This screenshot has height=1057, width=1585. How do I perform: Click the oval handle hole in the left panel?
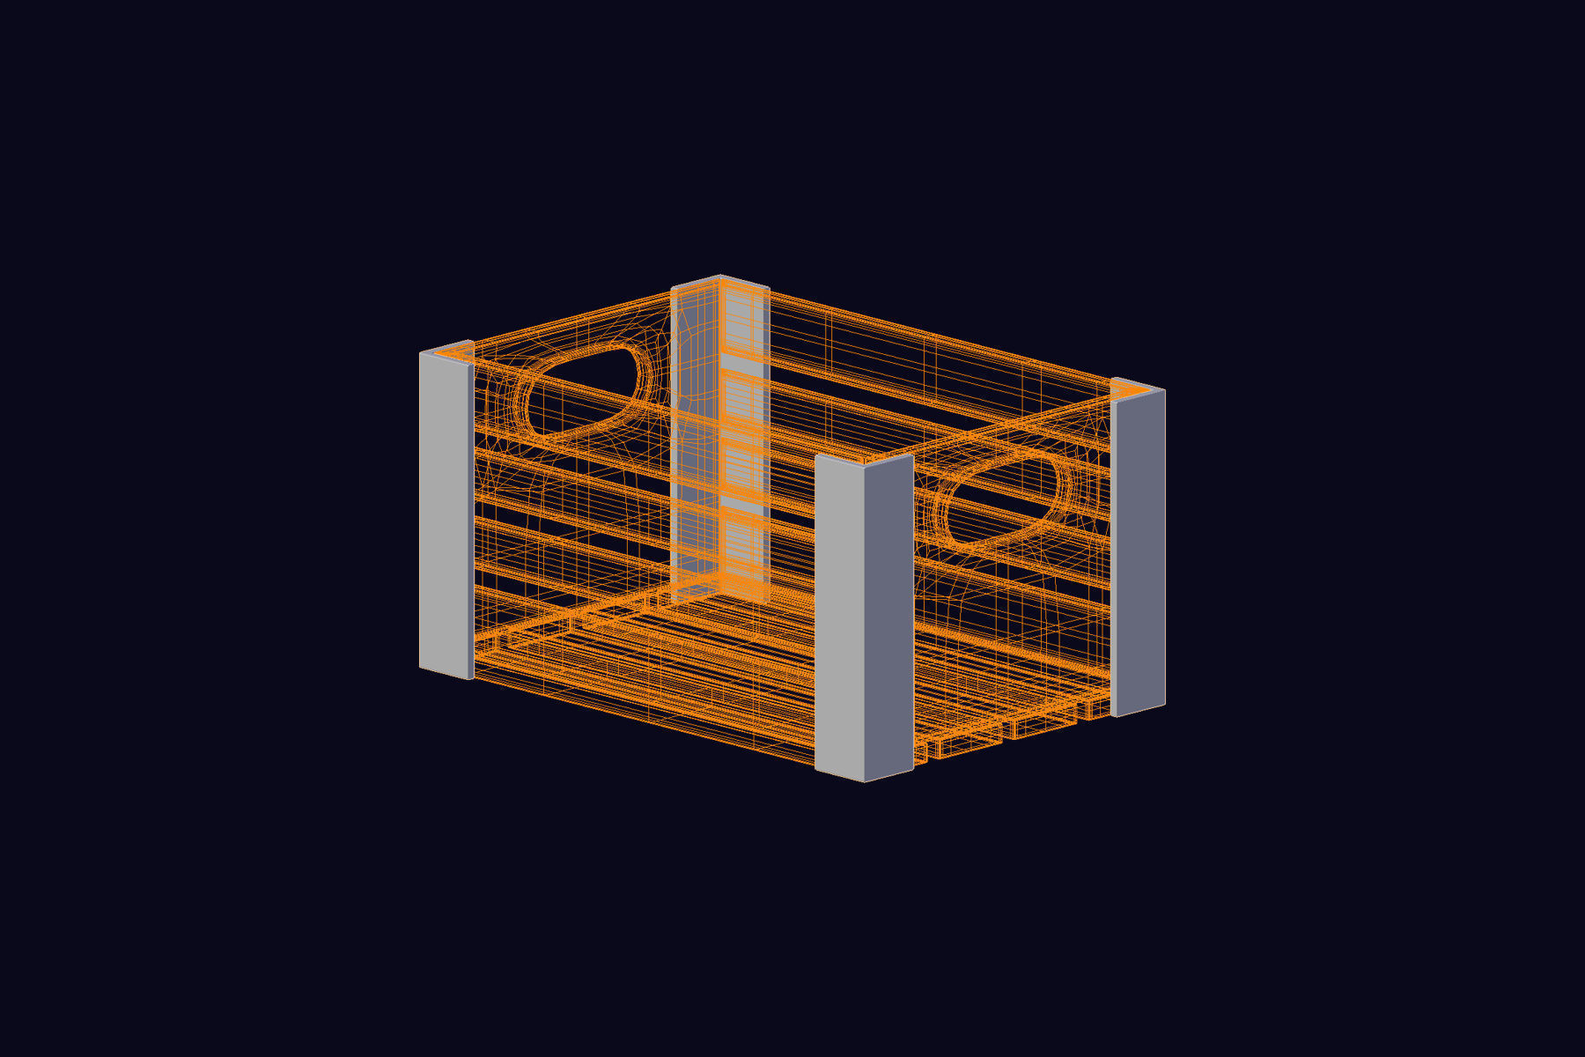pyautogui.click(x=581, y=392)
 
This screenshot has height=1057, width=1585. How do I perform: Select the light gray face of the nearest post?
pyautogui.click(x=839, y=617)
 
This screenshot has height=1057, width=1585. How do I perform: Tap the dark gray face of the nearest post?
pyautogui.click(x=888, y=617)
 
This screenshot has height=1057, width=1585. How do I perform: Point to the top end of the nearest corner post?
pyautogui.click(x=864, y=460)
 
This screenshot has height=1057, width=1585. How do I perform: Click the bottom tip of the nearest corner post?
pyautogui.click(x=864, y=780)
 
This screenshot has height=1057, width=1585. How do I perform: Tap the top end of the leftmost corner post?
pyautogui.click(x=447, y=347)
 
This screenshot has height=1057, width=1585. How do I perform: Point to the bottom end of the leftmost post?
pyautogui.click(x=446, y=674)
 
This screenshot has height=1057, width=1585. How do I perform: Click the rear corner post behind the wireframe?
pyautogui.click(x=720, y=440)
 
